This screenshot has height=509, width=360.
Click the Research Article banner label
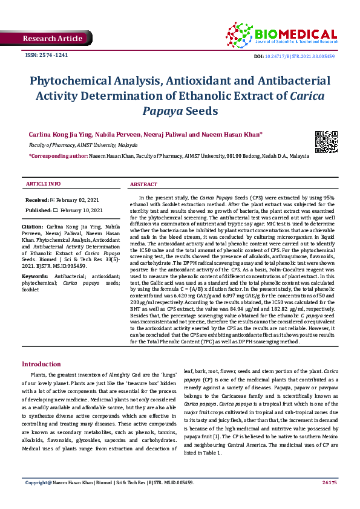click(x=52, y=39)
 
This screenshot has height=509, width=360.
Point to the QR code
click(x=326, y=141)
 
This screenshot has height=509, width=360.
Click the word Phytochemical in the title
click(x=72, y=81)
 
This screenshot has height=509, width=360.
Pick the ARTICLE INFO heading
click(x=42, y=183)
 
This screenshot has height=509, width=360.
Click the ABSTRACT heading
click(x=144, y=184)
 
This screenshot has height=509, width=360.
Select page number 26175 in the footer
click(x=329, y=499)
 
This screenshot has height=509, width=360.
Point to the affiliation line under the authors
click(x=83, y=146)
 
